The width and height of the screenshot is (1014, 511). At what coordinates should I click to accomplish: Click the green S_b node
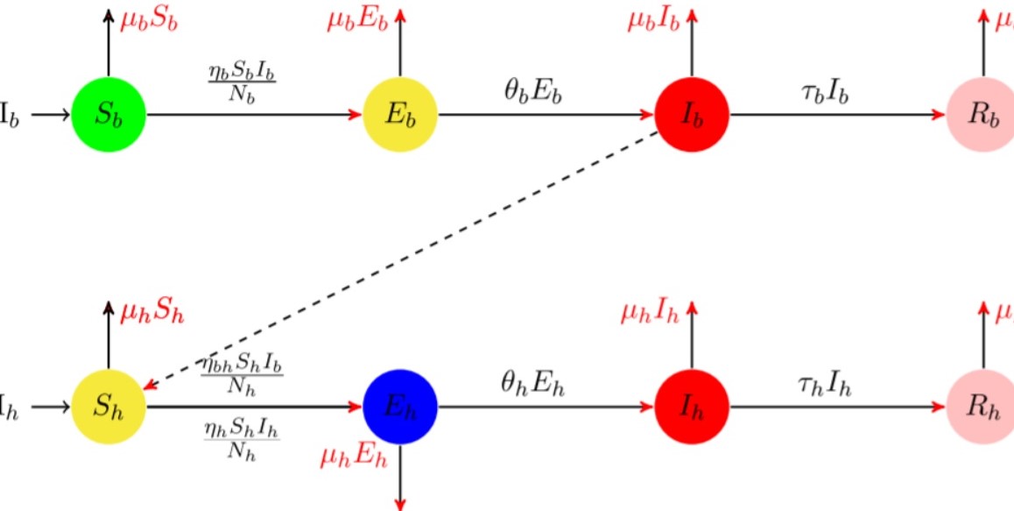[x=109, y=115]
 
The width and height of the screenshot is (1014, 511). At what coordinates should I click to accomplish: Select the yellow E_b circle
[x=400, y=115]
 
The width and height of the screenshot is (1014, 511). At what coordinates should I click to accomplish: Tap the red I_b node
[x=692, y=115]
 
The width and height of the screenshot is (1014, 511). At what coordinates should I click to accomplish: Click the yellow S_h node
[x=109, y=407]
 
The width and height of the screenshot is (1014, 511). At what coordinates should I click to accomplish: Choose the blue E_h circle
[x=400, y=407]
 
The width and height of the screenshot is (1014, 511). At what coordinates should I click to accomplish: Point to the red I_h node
[x=692, y=407]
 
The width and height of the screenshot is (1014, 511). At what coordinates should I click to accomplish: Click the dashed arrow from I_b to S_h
[x=403, y=260]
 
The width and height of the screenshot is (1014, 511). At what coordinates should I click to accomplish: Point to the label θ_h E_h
[x=533, y=384]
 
